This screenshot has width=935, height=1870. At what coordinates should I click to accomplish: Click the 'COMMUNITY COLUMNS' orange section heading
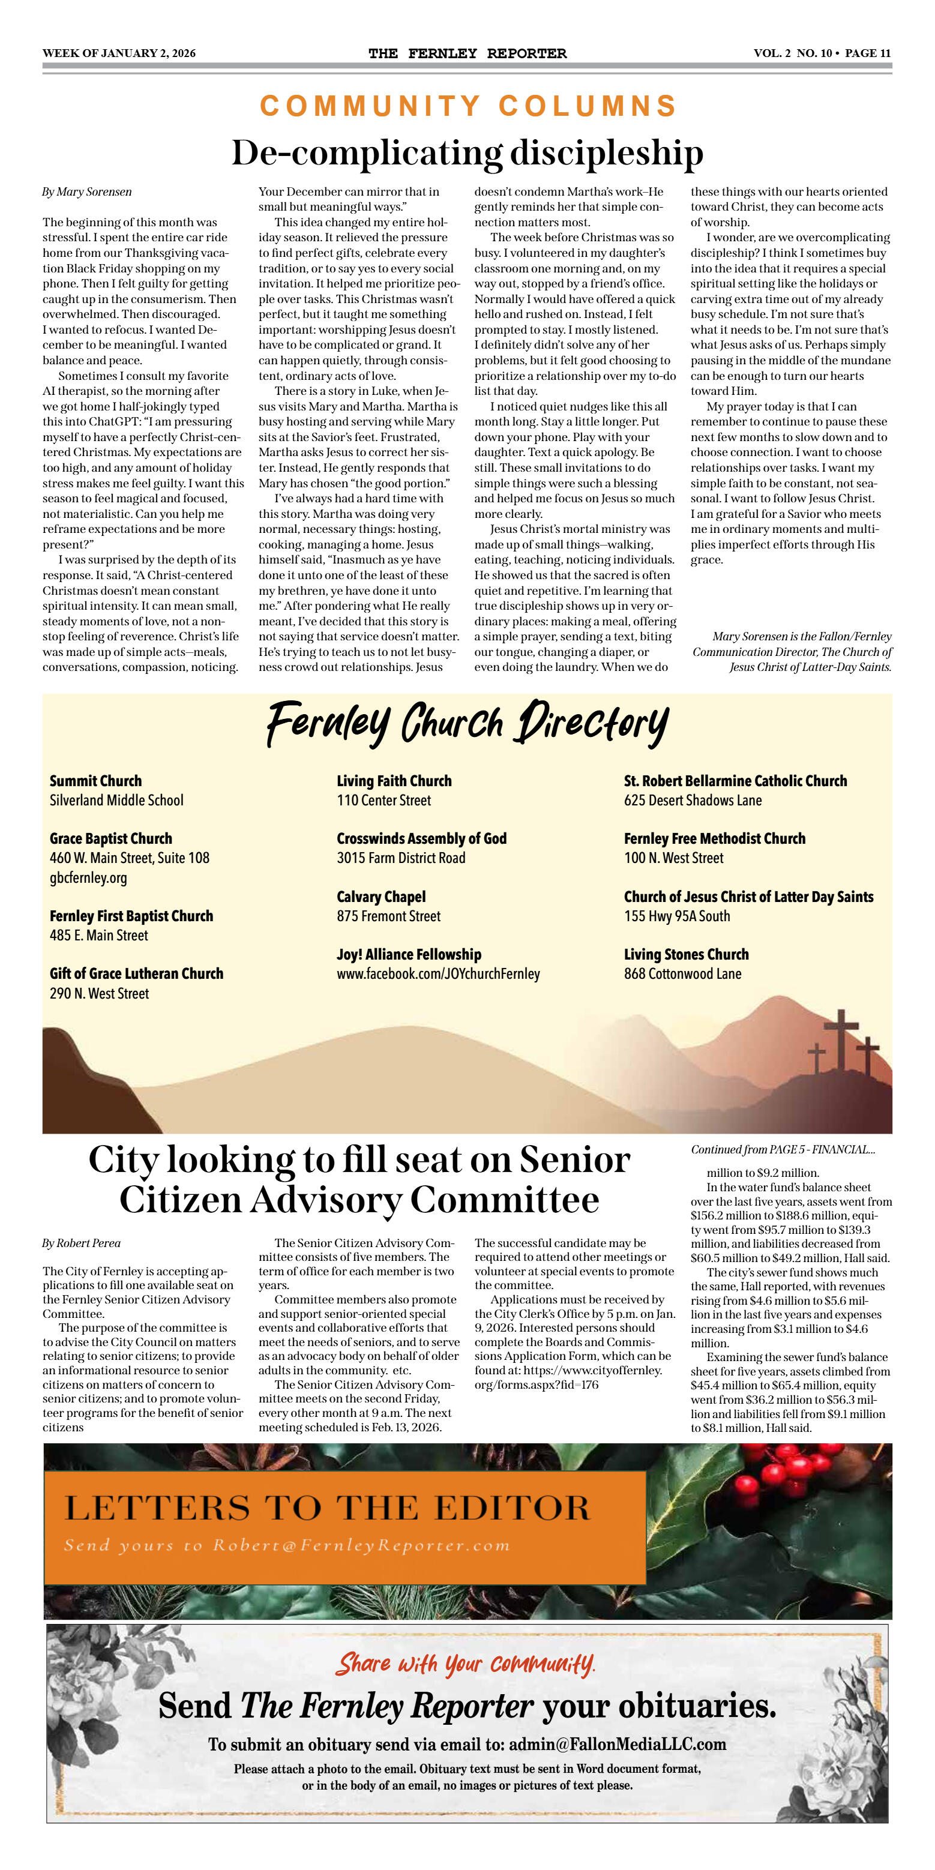[468, 106]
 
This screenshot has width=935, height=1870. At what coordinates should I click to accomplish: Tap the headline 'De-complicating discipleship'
[467, 152]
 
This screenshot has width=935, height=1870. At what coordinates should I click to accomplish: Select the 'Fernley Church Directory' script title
[467, 723]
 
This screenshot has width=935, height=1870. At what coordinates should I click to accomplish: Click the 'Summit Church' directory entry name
[96, 781]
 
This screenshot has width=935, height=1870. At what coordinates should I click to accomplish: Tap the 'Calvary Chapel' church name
[381, 897]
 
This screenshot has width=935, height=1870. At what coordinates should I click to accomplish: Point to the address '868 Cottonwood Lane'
[682, 974]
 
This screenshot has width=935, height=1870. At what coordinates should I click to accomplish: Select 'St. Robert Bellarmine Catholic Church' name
[735, 781]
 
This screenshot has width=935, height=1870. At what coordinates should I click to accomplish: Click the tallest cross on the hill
[841, 1038]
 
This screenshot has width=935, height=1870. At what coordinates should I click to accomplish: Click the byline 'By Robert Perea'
[81, 1243]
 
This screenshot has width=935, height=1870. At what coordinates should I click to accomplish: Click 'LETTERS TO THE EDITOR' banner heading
[328, 1509]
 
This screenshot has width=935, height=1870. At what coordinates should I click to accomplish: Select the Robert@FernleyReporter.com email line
[287, 1545]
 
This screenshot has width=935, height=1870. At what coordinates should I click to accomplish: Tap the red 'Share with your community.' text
[465, 1664]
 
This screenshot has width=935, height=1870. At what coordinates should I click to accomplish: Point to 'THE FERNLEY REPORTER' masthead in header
[467, 54]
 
